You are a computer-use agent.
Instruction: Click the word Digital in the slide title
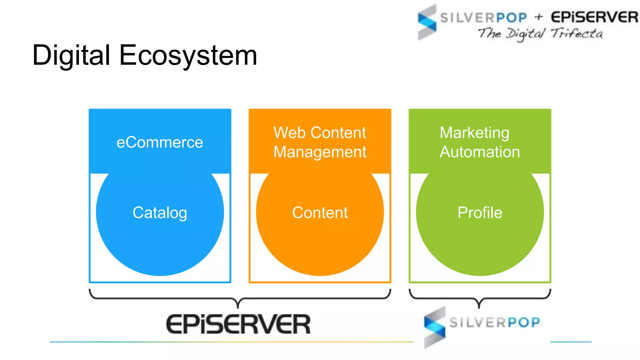pyautogui.click(x=71, y=55)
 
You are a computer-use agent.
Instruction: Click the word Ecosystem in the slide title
pyautogui.click(x=188, y=55)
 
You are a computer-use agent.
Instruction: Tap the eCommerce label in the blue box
pyautogui.click(x=160, y=142)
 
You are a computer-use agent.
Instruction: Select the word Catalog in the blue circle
pyautogui.click(x=160, y=213)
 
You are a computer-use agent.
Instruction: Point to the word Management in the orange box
pyautogui.click(x=320, y=152)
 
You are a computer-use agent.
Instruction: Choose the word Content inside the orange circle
pyautogui.click(x=320, y=213)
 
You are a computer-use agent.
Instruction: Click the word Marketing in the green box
pyautogui.click(x=474, y=132)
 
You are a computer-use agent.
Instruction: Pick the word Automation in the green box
pyautogui.click(x=480, y=152)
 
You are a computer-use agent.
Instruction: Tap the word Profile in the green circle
pyautogui.click(x=480, y=213)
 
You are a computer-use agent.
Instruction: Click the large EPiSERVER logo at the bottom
pyautogui.click(x=238, y=324)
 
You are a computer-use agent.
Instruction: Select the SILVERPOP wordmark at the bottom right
pyautogui.click(x=495, y=322)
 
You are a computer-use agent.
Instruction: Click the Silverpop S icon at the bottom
pyautogui.click(x=435, y=327)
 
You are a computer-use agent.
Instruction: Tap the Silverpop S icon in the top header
pyautogui.click(x=427, y=22)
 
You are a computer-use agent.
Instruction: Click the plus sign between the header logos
pyautogui.click(x=538, y=17)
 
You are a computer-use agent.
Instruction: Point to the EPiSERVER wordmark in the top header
pyautogui.click(x=594, y=17)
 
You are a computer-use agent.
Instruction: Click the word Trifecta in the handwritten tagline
pyautogui.click(x=577, y=33)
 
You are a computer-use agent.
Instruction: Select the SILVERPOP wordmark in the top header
pyautogui.click(x=483, y=18)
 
